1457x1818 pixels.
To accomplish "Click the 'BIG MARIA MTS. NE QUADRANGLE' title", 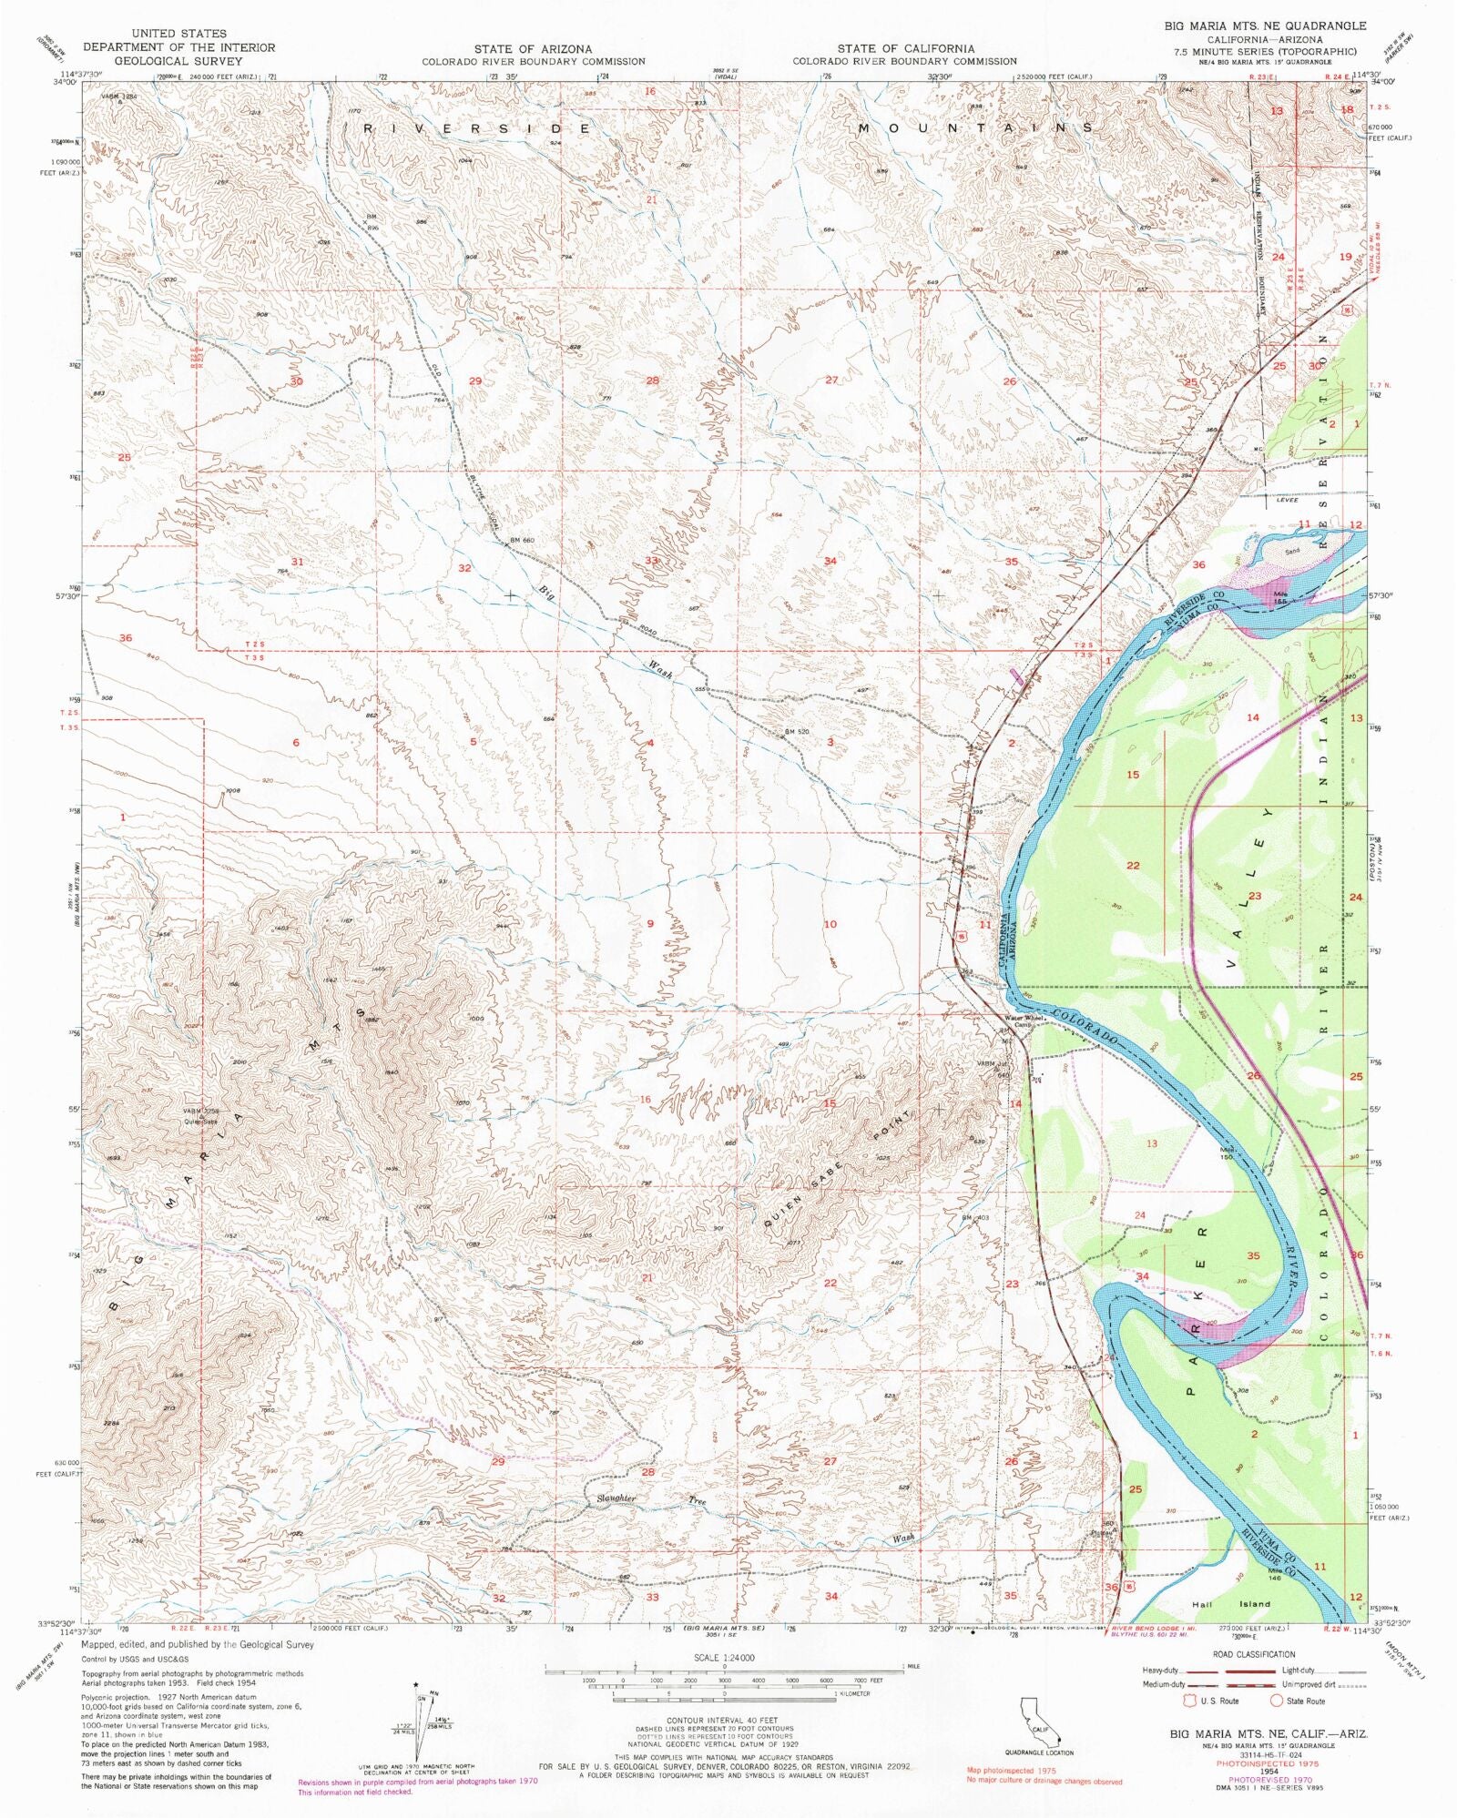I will [1265, 25].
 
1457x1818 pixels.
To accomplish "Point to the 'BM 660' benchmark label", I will [521, 540].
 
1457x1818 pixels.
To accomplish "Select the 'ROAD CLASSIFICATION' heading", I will [1253, 1654].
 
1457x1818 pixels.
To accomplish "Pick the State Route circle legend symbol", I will [1277, 1700].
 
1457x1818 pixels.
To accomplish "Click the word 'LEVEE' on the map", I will [1286, 499].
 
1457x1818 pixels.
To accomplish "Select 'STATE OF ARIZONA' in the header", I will [533, 48].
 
